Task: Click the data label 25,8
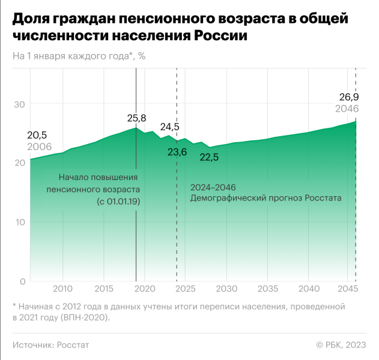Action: pos(136,118)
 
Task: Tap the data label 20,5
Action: pos(37,135)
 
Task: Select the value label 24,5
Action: pos(169,127)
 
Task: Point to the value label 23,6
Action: pos(177,152)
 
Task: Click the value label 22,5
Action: pos(209,158)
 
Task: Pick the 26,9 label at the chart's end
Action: pos(348,97)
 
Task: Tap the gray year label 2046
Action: pos(347,109)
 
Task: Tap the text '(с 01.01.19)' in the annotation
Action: pos(118,201)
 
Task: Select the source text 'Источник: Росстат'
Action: pos(50,344)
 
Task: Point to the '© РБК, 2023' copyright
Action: pos(341,344)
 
